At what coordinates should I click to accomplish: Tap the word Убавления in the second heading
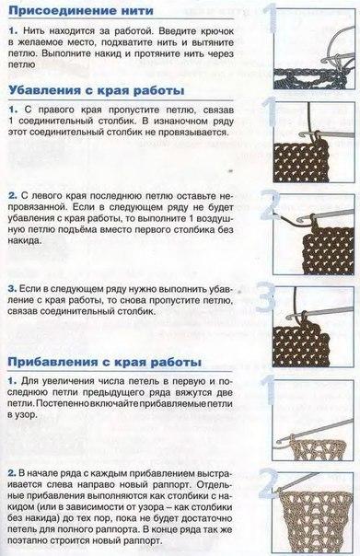click(46, 90)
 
